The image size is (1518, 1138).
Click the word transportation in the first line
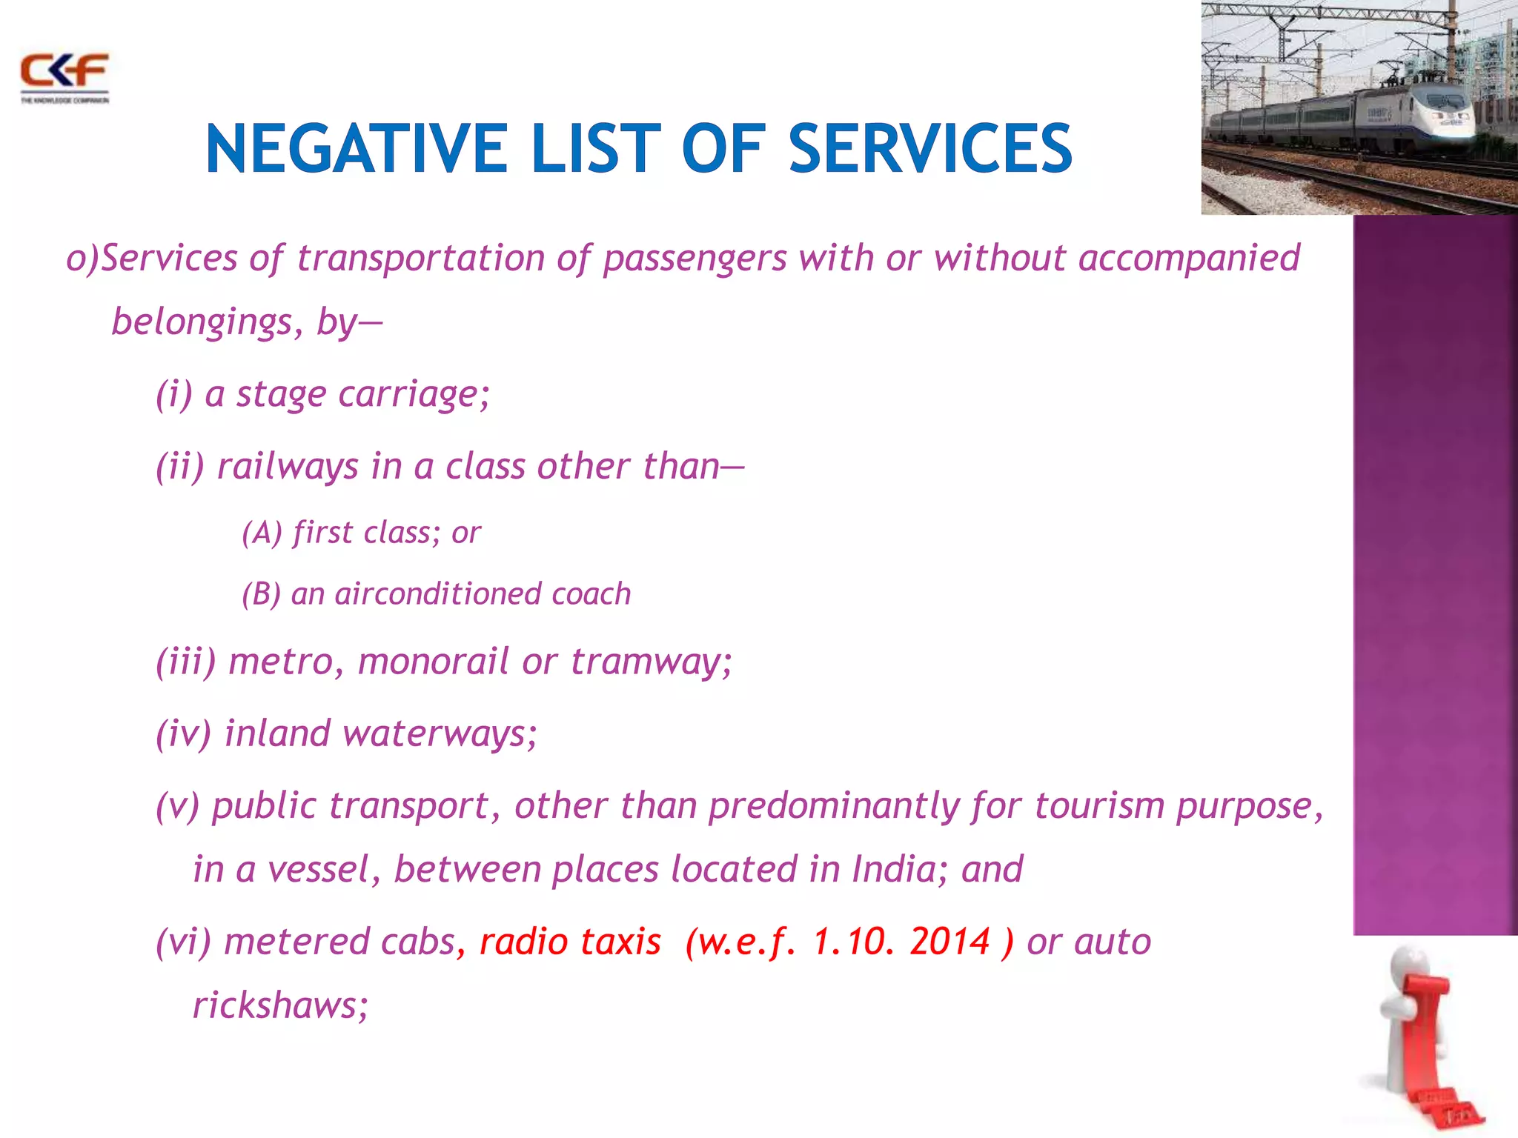pyautogui.click(x=420, y=258)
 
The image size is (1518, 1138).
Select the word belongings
pyautogui.click(x=202, y=322)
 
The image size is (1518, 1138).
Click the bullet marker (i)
pyautogui.click(x=173, y=393)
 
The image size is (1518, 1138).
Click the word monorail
pyautogui.click(x=433, y=661)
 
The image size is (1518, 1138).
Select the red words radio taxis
pyautogui.click(x=569, y=942)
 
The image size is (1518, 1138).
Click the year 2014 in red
pyautogui.click(x=950, y=942)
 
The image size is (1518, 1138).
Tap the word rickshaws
pyautogui.click(x=280, y=1005)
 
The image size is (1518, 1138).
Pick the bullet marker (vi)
pyautogui.click(x=183, y=942)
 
